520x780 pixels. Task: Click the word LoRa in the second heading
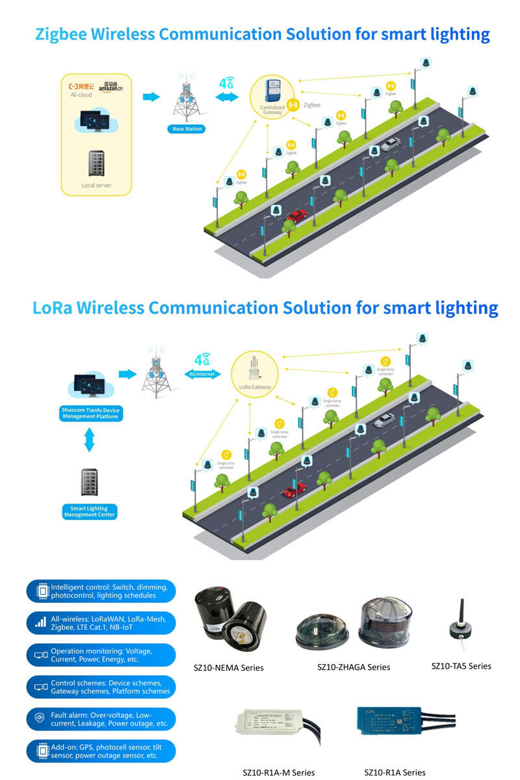click(52, 308)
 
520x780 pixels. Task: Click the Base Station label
click(187, 129)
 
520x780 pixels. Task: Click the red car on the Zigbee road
click(296, 215)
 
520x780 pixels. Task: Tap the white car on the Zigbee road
click(389, 144)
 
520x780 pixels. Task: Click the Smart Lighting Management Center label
click(90, 511)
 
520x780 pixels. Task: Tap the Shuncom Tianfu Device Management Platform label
click(90, 413)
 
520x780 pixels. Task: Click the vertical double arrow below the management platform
click(90, 440)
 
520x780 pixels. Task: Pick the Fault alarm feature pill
click(101, 719)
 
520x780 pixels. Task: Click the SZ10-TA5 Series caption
click(461, 666)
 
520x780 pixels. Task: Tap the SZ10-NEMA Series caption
click(229, 667)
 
